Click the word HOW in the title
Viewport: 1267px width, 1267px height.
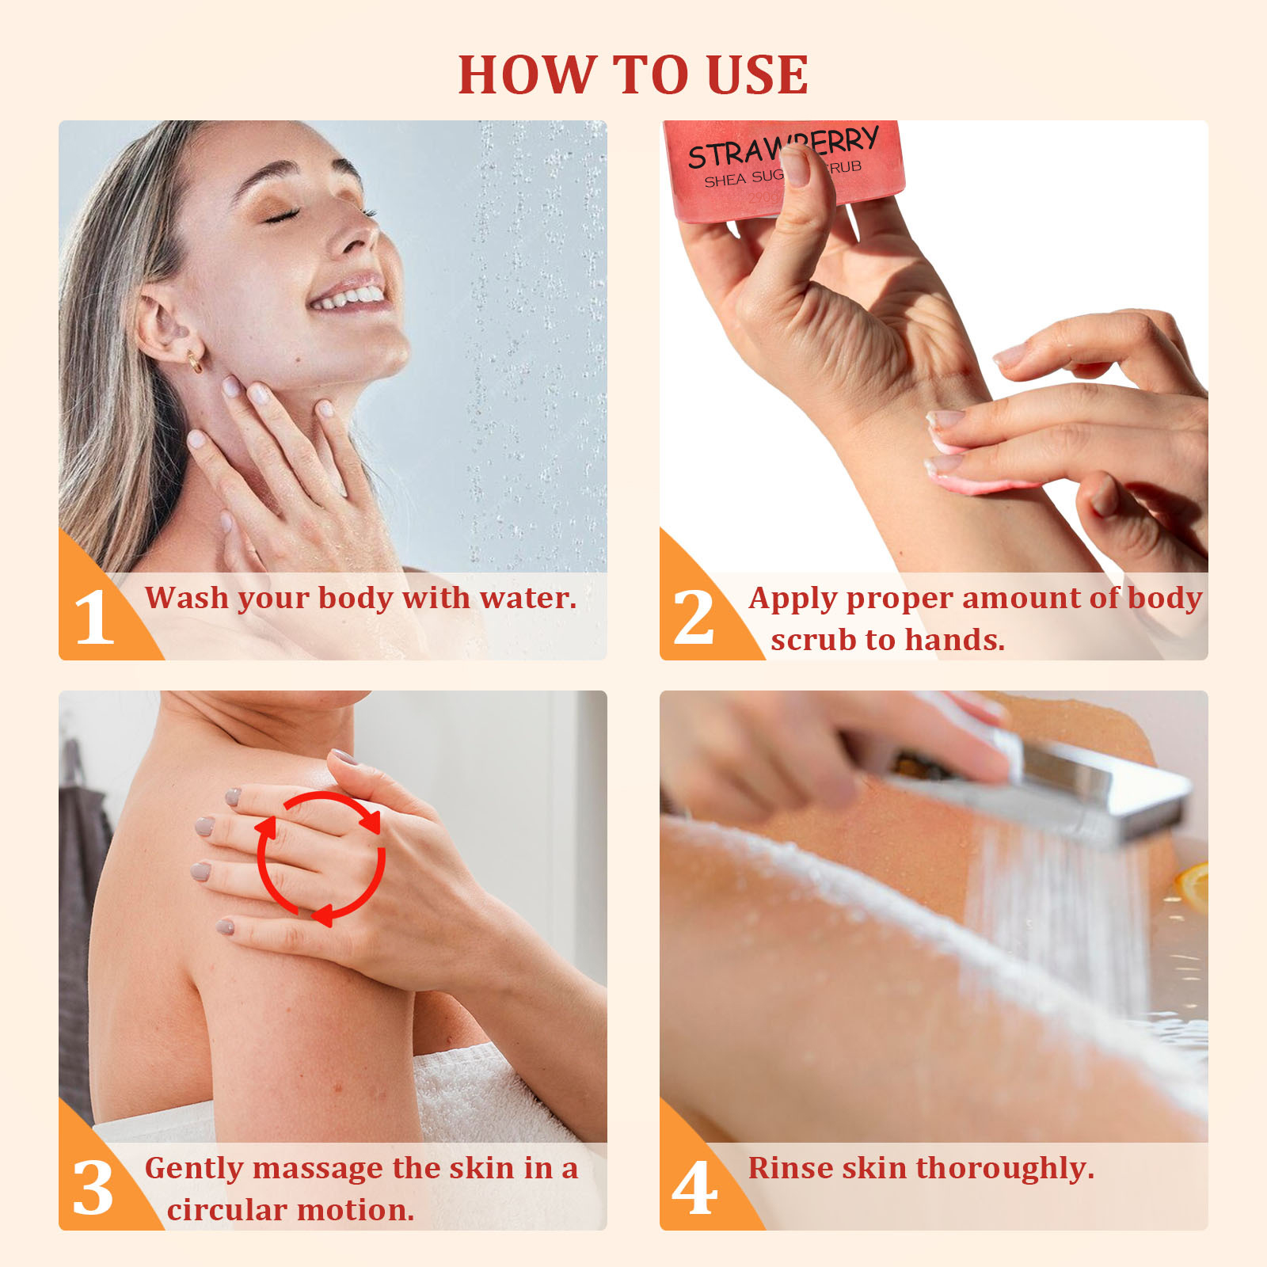526,75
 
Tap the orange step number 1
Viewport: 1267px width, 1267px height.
93,618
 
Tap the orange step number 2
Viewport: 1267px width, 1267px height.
694,618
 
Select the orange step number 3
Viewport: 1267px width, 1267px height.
93,1188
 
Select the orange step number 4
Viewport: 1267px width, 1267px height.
694,1188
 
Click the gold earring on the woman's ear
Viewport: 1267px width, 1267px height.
194,362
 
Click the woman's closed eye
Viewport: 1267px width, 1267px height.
281,215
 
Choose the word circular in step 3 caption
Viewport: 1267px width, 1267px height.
226,1210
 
